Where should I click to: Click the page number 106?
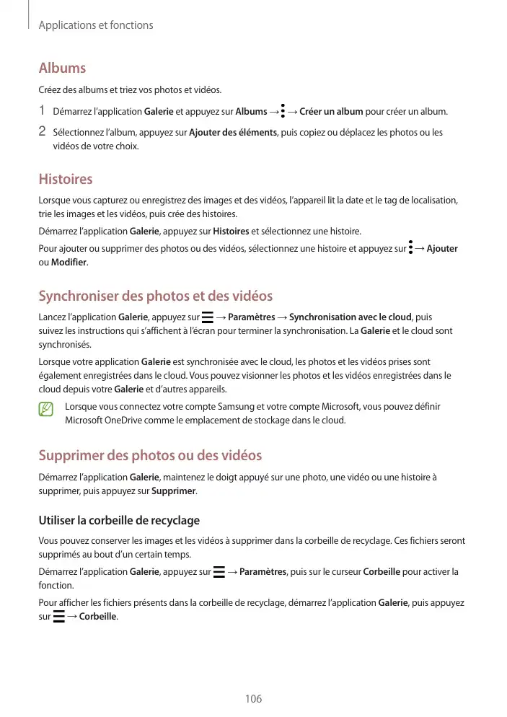click(253, 698)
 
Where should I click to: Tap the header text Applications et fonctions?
click(96, 25)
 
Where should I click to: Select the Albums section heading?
click(62, 68)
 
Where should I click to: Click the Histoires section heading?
click(66, 179)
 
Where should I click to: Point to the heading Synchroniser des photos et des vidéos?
click(156, 296)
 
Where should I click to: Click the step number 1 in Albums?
click(43, 111)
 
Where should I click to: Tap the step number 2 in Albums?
click(43, 132)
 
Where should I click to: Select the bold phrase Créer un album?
click(331, 112)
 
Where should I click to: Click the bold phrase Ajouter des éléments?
click(233, 133)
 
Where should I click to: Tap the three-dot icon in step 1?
click(283, 111)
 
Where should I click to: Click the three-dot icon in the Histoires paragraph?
click(410, 248)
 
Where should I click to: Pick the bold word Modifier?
click(69, 262)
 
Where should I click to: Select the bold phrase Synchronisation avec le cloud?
click(350, 317)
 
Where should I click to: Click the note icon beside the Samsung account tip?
click(46, 410)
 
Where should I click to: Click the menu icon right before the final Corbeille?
click(58, 617)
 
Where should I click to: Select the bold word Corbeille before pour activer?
click(382, 573)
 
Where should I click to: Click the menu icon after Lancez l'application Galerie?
click(208, 317)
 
